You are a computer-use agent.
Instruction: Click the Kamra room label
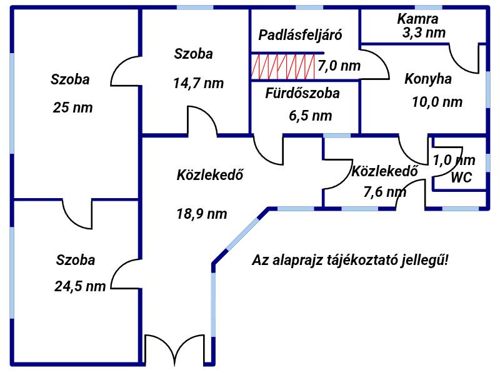point(417,19)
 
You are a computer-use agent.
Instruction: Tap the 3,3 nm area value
point(424,33)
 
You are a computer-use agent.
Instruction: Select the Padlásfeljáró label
point(300,35)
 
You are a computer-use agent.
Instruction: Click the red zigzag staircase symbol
point(283,67)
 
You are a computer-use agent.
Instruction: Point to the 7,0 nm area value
point(339,66)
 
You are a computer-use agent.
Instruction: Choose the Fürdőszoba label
point(302,93)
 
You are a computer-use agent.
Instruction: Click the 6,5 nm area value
point(310,116)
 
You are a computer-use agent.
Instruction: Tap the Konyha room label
point(428,79)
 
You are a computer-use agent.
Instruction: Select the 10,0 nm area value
point(437,102)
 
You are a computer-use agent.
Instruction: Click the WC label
point(461,177)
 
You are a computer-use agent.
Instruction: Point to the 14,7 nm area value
point(198,84)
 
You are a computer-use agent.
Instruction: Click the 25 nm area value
point(72,107)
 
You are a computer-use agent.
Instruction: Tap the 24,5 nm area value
point(80,286)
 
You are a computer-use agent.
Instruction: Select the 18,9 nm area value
point(201,214)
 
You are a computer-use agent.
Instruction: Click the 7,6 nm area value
point(385,192)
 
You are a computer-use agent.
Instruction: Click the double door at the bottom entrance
point(175,349)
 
